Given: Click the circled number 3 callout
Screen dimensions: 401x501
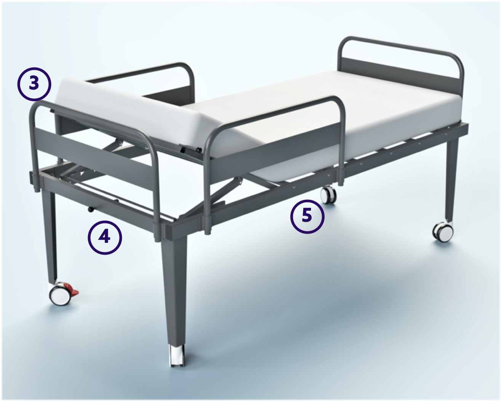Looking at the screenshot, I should point(34,83).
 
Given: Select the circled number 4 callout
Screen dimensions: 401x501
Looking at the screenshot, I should point(105,237).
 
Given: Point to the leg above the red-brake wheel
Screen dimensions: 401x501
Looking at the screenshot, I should point(51,236).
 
